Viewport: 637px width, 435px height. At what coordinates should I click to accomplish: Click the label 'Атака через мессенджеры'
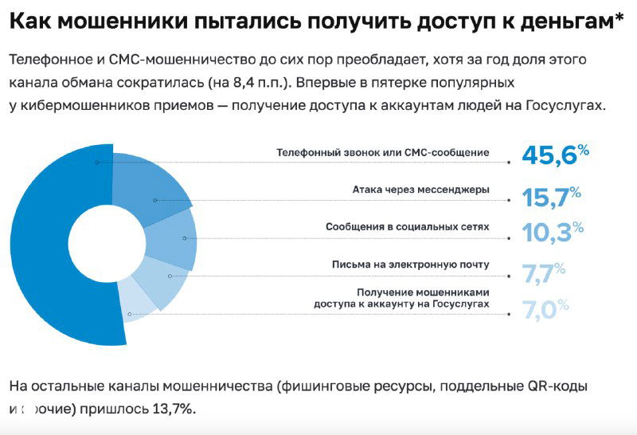[420, 190]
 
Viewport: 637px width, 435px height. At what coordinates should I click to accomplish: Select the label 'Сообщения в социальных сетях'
[407, 227]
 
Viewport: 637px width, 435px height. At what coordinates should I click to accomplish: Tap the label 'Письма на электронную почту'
[410, 264]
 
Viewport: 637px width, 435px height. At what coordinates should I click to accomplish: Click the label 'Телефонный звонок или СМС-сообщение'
[382, 152]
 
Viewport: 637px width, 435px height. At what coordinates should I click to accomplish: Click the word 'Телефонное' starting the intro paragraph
[49, 60]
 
